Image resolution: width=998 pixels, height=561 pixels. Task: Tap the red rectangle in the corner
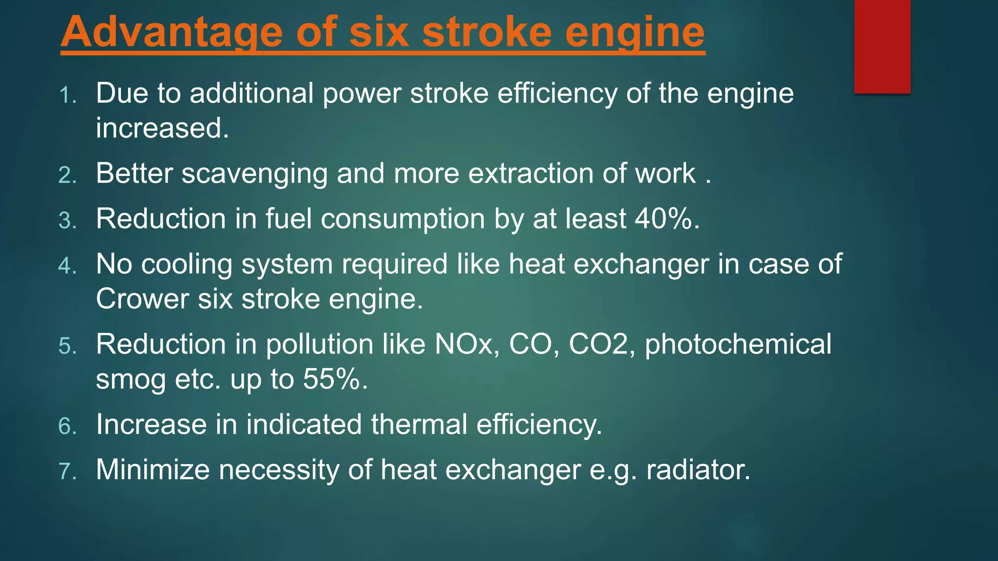click(882, 46)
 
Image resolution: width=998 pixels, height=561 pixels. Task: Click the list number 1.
click(67, 95)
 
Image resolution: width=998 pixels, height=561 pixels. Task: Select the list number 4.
click(67, 266)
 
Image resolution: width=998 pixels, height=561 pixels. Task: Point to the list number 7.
click(67, 471)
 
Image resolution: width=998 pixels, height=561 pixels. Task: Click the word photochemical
click(738, 344)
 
